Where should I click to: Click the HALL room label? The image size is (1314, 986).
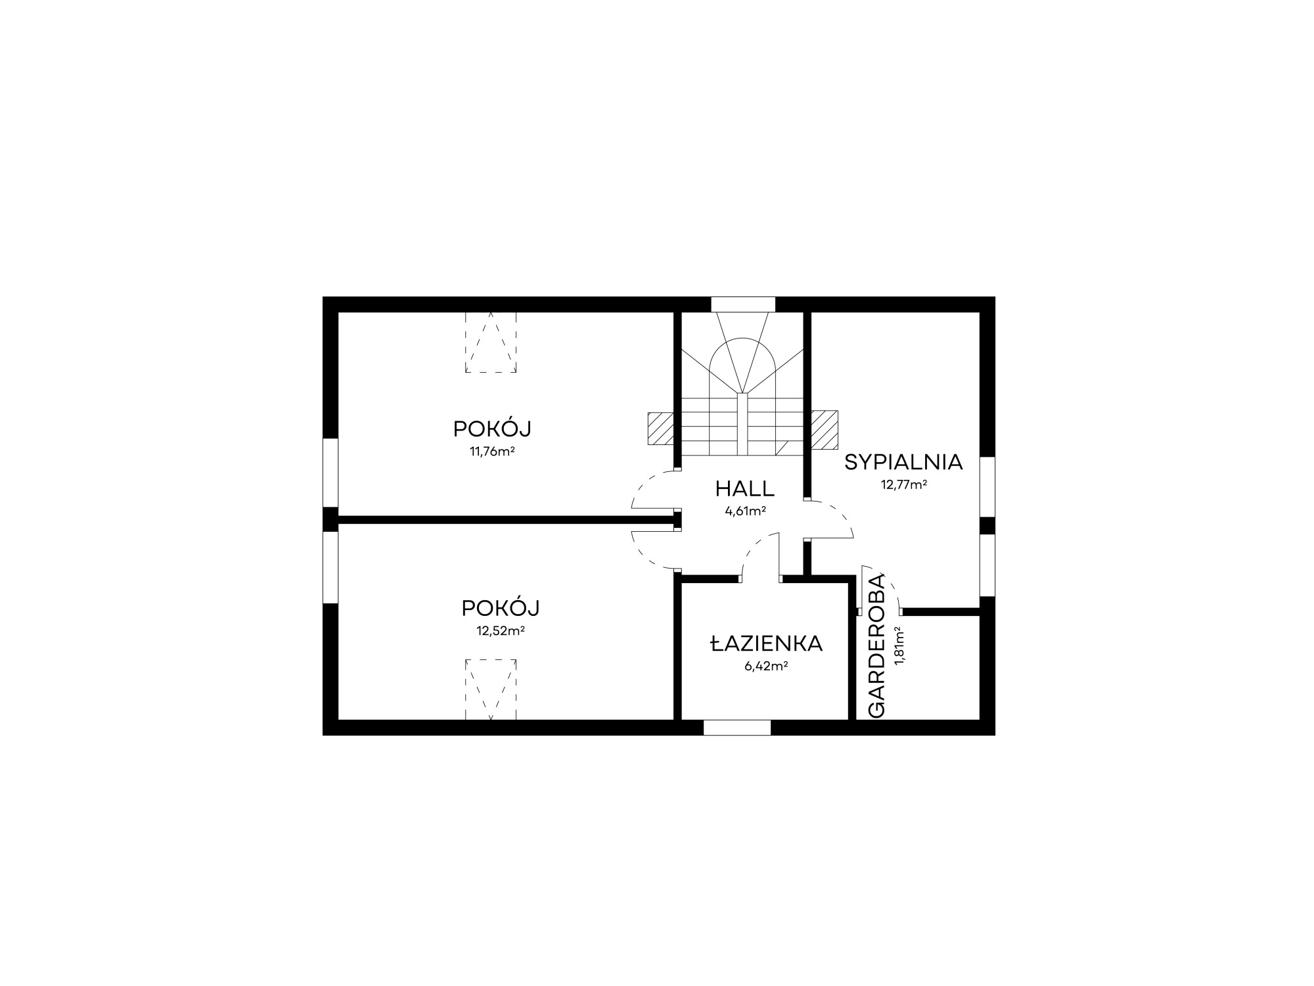click(x=745, y=489)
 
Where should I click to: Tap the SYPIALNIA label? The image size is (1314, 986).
click(x=903, y=463)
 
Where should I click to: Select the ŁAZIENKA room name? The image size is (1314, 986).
click(x=766, y=644)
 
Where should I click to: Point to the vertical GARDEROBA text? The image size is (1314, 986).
click(x=877, y=646)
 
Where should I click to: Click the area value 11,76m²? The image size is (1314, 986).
click(x=491, y=452)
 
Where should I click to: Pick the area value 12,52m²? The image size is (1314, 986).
click(x=500, y=631)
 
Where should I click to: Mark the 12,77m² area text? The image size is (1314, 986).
click(x=904, y=485)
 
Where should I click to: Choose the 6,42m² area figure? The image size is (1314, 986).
click(x=766, y=666)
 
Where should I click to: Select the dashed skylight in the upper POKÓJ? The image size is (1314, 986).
click(x=491, y=342)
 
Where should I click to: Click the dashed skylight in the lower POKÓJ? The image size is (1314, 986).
click(x=491, y=689)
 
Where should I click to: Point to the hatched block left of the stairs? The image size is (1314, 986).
click(x=660, y=430)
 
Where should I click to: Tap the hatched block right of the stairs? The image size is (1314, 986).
click(x=825, y=429)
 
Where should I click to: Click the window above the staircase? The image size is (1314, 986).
click(x=743, y=304)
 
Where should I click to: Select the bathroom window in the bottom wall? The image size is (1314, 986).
click(x=737, y=728)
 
